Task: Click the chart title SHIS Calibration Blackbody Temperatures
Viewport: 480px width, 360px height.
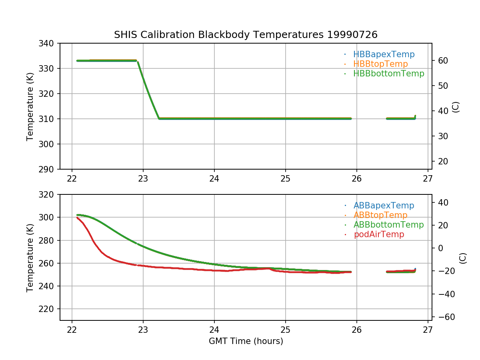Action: click(x=246, y=35)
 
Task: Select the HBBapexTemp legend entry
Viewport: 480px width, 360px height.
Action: click(x=384, y=54)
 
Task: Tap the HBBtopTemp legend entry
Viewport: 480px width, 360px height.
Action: click(x=380, y=64)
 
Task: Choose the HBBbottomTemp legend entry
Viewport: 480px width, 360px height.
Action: click(x=388, y=74)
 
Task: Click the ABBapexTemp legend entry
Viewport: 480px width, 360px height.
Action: click(x=384, y=206)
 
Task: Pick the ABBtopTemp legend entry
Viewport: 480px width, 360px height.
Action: click(x=380, y=215)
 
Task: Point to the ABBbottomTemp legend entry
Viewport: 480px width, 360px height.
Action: click(x=388, y=225)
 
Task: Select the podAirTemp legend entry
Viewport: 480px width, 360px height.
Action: click(x=379, y=234)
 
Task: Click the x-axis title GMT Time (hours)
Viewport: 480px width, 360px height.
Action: click(x=246, y=341)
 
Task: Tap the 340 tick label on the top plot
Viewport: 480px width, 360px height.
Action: click(x=47, y=43)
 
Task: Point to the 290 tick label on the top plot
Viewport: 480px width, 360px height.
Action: click(x=47, y=169)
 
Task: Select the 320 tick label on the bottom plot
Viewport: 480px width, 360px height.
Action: click(x=47, y=194)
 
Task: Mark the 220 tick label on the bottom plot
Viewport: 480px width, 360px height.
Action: click(x=47, y=309)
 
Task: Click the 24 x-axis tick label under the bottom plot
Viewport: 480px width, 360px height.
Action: click(x=214, y=330)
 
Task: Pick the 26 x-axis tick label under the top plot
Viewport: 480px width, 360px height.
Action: click(x=356, y=178)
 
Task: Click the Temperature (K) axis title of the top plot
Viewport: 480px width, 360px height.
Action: click(x=30, y=106)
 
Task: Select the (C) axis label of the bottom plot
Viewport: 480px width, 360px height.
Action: click(x=463, y=258)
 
